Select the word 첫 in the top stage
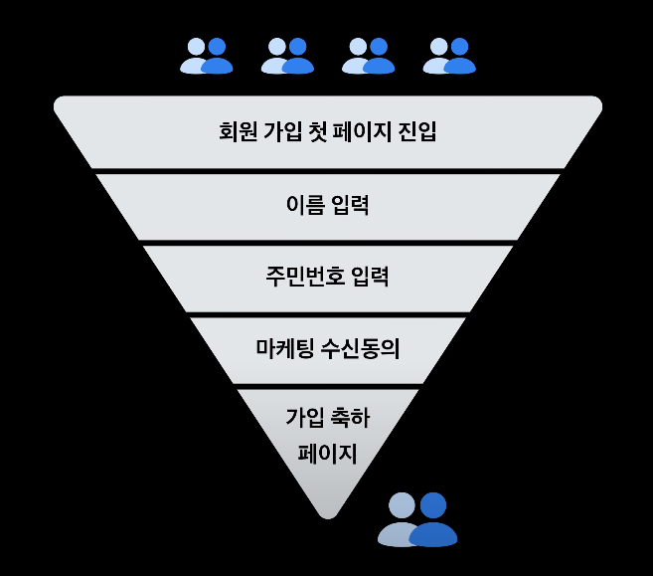[x=321, y=132]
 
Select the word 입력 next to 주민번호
[x=368, y=276]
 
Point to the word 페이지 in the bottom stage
[x=327, y=454]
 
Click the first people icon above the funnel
[x=206, y=55]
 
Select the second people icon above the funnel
[x=287, y=55]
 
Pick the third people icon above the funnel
[x=368, y=55]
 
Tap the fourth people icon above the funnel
[x=448, y=55]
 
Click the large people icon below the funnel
[x=417, y=519]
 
